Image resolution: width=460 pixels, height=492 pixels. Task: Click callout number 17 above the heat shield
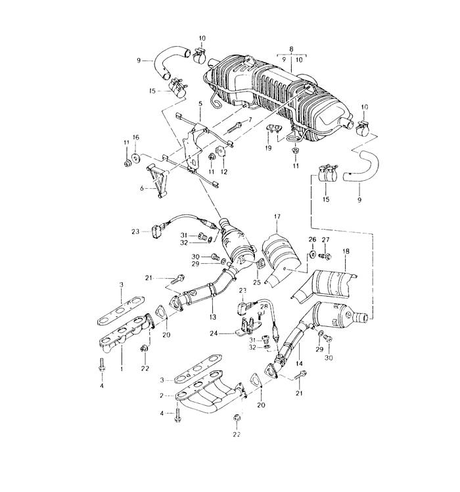coord(277,216)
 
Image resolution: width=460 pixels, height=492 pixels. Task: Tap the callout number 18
coord(346,251)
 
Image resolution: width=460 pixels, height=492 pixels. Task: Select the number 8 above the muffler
coord(291,49)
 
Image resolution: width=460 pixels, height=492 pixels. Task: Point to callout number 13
coord(213,317)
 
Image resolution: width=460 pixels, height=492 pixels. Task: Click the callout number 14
coord(300,364)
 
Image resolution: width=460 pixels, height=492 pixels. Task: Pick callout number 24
coord(214,333)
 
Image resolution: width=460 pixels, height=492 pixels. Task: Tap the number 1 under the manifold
coord(122,369)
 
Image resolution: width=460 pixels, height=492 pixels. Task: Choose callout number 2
coord(162,396)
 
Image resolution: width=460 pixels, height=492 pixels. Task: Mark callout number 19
coord(268,148)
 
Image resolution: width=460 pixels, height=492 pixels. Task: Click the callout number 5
coord(200,103)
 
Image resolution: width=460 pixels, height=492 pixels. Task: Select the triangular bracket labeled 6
coord(158,181)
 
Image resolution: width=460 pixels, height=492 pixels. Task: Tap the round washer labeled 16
coord(136,158)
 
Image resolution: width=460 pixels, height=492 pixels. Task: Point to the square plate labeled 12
coord(221,151)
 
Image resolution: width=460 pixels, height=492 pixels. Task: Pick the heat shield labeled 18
coord(325,285)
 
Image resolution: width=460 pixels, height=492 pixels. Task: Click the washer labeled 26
coord(313,255)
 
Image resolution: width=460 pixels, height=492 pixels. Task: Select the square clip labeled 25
coord(260,264)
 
